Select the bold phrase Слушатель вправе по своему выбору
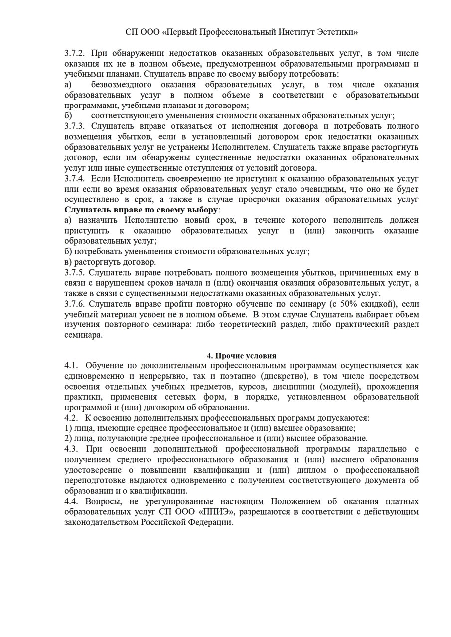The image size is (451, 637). click(141, 210)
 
